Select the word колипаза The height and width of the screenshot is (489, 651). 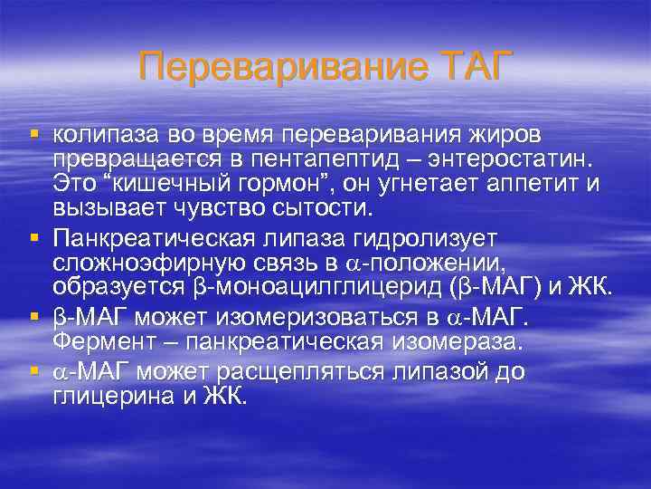point(107,135)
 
